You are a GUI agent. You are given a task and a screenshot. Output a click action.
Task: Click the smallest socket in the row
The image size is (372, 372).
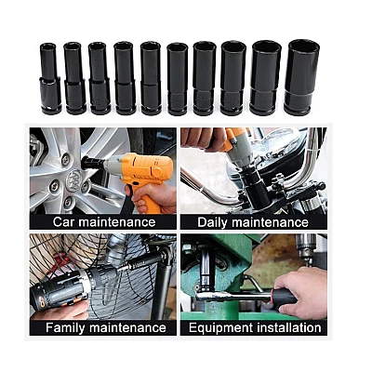pyautogui.click(x=50, y=79)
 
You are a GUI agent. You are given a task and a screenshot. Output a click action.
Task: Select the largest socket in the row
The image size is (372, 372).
pyautogui.click(x=301, y=77)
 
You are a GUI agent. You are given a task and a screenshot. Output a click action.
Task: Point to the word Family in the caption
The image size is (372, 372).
pyautogui.click(x=66, y=327)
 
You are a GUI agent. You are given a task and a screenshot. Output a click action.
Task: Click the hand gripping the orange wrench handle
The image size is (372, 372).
pyautogui.click(x=152, y=198)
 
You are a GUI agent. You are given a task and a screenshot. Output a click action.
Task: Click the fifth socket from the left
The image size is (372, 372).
pyautogui.click(x=151, y=78)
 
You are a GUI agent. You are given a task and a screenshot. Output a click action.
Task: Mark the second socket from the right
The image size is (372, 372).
pyautogui.click(x=266, y=78)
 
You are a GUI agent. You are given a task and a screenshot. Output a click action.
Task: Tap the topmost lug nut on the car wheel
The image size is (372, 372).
pyautogui.click(x=65, y=160)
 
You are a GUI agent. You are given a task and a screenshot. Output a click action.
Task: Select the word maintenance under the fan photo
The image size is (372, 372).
pyautogui.click(x=127, y=327)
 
